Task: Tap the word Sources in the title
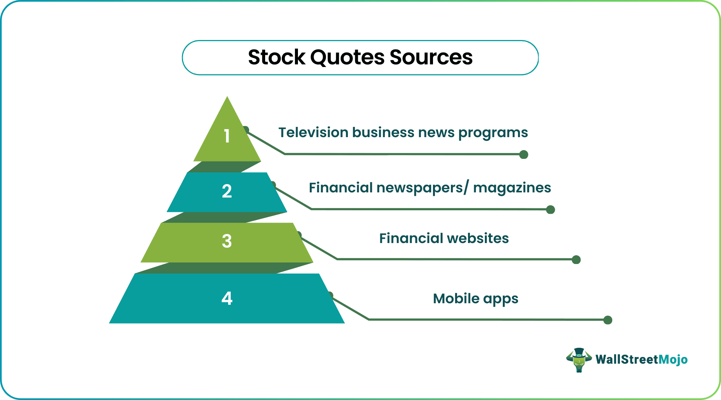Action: coord(431,58)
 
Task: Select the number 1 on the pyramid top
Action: coord(227,136)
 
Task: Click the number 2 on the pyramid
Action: coord(227,191)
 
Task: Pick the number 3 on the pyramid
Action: coord(227,241)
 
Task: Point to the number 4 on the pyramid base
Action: coord(227,298)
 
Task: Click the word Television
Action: coord(313,133)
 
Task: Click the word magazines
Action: coord(512,188)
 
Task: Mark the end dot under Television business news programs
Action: coord(524,155)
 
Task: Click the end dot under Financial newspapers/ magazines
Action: coord(550,210)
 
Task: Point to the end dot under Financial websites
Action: coord(576,260)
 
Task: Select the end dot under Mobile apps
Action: coord(608,320)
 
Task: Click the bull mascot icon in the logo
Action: coord(579,360)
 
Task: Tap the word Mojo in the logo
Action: coord(673,360)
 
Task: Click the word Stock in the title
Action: coord(277,58)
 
